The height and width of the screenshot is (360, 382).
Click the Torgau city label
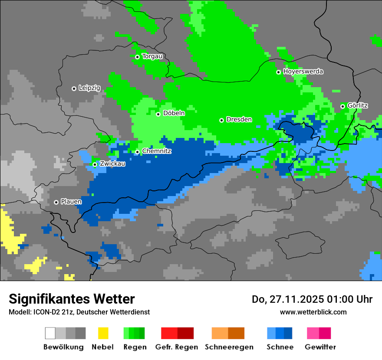click(x=152, y=56)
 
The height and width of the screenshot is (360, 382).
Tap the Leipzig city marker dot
click(x=74, y=88)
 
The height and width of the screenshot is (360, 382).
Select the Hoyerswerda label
click(x=303, y=72)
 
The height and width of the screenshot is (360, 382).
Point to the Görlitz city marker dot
click(x=342, y=106)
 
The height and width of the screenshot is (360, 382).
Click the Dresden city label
click(x=239, y=120)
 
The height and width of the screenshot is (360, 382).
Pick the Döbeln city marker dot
click(x=158, y=114)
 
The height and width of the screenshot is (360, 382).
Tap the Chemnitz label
click(x=157, y=151)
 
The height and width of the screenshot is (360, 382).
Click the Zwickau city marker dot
click(x=95, y=164)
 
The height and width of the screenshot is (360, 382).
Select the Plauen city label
click(x=71, y=202)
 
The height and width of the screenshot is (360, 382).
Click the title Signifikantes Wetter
click(x=72, y=299)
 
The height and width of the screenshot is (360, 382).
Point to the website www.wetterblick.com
click(x=313, y=312)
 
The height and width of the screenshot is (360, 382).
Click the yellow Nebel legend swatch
click(x=103, y=333)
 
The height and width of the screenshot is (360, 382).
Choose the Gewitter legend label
click(x=320, y=347)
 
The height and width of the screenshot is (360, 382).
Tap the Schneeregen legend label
click(x=229, y=347)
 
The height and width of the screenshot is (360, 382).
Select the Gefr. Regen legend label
click(x=177, y=347)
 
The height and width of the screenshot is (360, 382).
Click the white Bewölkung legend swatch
click(x=50, y=333)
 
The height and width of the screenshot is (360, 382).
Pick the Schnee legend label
click(x=280, y=347)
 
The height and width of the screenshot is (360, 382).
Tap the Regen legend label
click(x=134, y=347)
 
